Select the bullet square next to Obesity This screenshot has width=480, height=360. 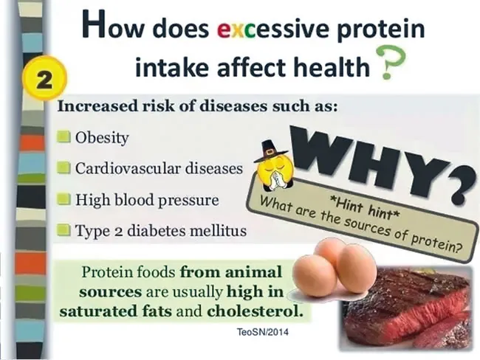[64, 136]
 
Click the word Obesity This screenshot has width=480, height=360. [102, 138]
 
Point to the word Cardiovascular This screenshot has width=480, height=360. [128, 168]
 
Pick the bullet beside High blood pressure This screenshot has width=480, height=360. [64, 198]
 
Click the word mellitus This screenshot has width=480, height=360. [218, 230]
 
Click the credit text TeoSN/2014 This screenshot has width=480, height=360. [263, 332]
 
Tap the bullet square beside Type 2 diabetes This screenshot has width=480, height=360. [64, 229]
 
